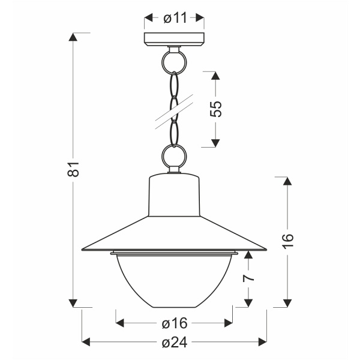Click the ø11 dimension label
[175, 18]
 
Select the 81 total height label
[73, 169]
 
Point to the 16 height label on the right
[289, 238]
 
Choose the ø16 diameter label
[175, 323]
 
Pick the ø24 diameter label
[175, 342]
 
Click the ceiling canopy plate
[175, 41]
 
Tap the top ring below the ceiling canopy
[175, 60]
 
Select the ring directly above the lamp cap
[175, 157]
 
